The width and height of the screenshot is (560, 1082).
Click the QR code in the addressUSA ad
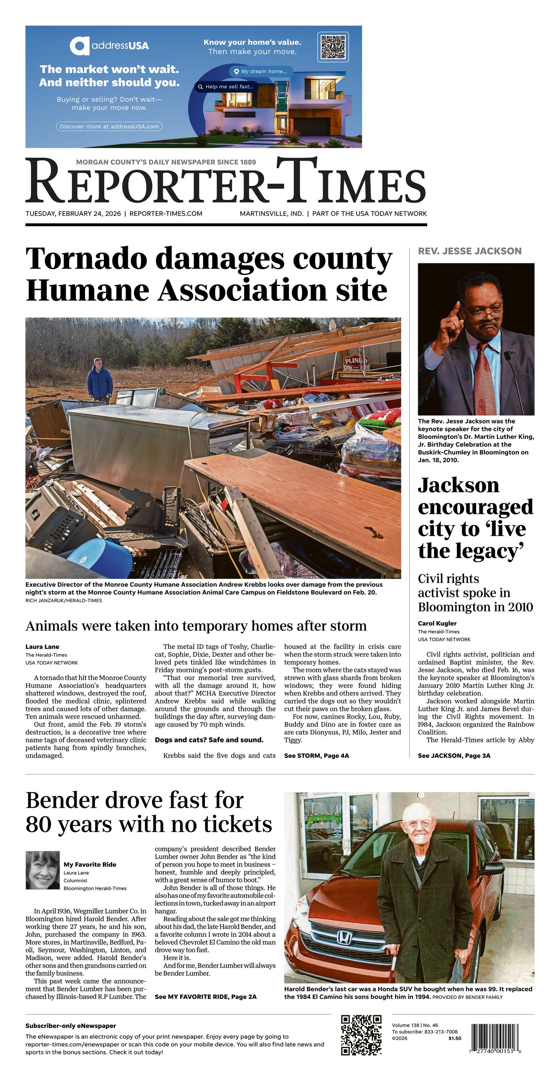click(x=333, y=47)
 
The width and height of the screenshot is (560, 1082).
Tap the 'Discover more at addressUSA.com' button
click(x=109, y=126)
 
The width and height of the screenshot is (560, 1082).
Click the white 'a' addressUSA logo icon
click(x=80, y=46)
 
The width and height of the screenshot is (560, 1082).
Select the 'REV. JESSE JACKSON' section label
click(x=469, y=251)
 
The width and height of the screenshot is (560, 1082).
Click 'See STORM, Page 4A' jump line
click(x=316, y=755)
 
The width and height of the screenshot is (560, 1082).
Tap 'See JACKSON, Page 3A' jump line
click(x=454, y=755)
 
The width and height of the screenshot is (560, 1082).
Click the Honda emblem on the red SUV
click(x=344, y=937)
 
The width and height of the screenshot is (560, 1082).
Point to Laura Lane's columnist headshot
click(x=42, y=870)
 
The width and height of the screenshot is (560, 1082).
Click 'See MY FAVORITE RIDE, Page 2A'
click(x=206, y=997)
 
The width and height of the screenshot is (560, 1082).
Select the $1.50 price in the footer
click(x=455, y=1038)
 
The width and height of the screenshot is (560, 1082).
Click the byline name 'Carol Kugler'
click(x=437, y=623)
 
